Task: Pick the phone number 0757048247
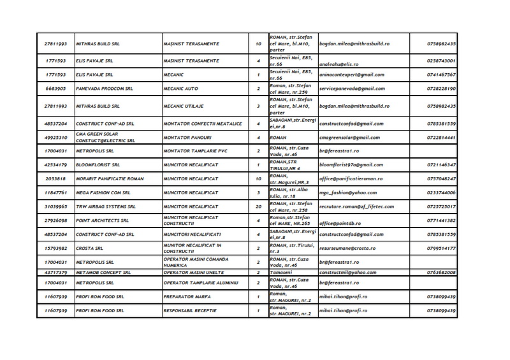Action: point(441,180)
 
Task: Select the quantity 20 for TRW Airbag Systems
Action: point(258,207)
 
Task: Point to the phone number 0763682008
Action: point(441,272)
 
